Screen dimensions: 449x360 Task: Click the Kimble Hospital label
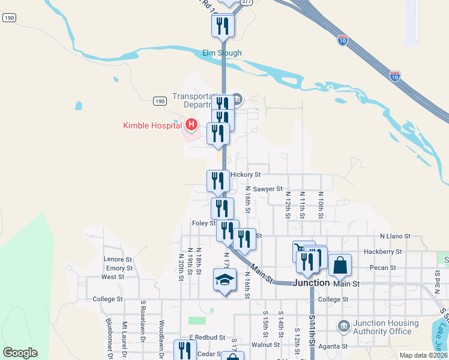pos(153,125)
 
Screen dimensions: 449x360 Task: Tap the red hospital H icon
pos(191,125)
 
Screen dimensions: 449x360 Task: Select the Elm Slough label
pos(221,53)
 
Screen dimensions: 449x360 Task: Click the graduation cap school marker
pos(225,280)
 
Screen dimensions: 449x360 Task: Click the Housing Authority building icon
pos(343,327)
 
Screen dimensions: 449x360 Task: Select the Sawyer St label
pos(268,189)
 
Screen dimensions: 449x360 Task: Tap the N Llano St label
pos(395,237)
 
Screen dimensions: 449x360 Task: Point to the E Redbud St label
pos(206,338)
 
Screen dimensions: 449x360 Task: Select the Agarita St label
pos(333,346)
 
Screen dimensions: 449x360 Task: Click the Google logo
pos(20,353)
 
